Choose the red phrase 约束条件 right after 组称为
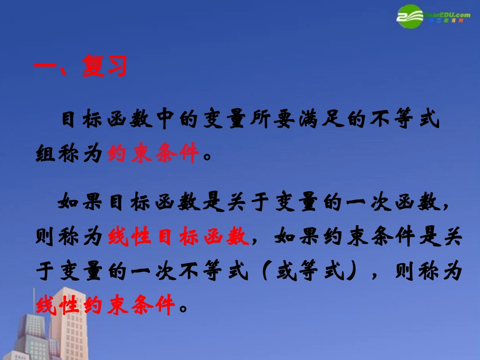pyautogui.click(x=153, y=152)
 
